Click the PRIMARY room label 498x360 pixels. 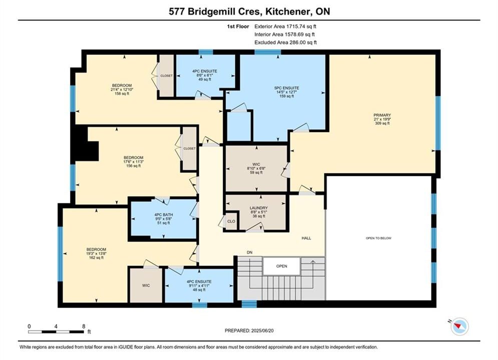pyautogui.click(x=382, y=115)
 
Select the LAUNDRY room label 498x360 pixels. pyautogui.click(x=259, y=208)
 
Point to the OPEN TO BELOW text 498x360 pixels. pyautogui.click(x=378, y=238)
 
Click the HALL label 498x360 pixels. pyautogui.click(x=306, y=238)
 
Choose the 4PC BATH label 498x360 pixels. pyautogui.click(x=164, y=214)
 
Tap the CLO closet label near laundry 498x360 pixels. pyautogui.click(x=231, y=221)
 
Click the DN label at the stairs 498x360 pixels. pyautogui.click(x=250, y=252)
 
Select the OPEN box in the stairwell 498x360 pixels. pyautogui.click(x=281, y=266)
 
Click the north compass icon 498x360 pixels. pyautogui.click(x=459, y=326)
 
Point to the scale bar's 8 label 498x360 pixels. pyautogui.click(x=84, y=326)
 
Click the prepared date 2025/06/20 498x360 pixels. pyautogui.click(x=262, y=330)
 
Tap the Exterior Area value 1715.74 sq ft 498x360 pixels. pyautogui.click(x=301, y=26)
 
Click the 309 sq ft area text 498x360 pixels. pyautogui.click(x=382, y=123)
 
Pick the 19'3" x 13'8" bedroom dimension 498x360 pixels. pyautogui.click(x=96, y=253)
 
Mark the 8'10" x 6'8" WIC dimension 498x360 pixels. pyautogui.click(x=256, y=168)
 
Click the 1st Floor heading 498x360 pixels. pyautogui.click(x=238, y=26)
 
